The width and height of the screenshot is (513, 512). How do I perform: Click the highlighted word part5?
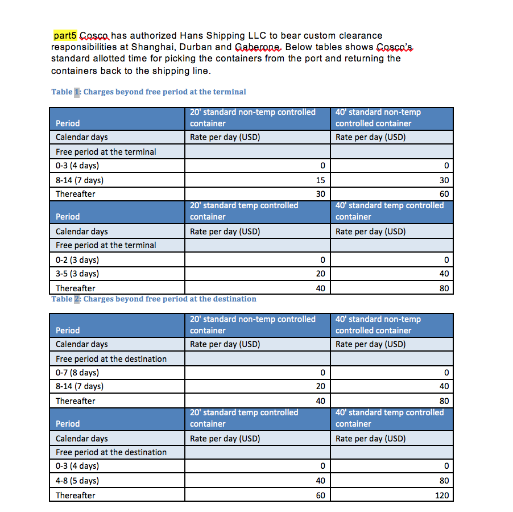65,36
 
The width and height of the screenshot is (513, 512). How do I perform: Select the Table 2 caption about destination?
154,299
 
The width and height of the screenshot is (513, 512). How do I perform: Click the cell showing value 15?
320,180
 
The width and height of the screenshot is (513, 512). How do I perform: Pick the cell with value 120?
441,495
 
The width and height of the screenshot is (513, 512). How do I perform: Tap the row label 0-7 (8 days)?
77,373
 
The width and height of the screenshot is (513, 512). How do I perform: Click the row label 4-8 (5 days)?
77,481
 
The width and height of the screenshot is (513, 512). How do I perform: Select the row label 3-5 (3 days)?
77,274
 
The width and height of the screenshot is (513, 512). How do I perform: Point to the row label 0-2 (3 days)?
77,260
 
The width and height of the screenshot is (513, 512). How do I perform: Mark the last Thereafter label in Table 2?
76,496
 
